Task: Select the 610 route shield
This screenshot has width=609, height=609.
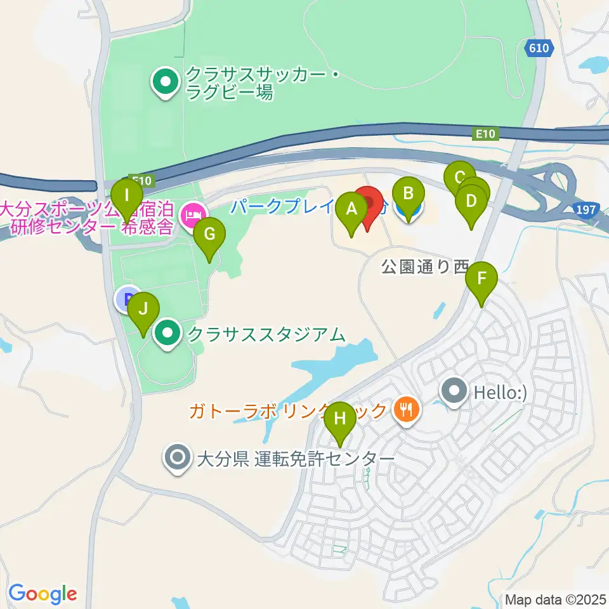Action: point(540,48)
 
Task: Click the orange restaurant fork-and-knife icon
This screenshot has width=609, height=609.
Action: point(404,410)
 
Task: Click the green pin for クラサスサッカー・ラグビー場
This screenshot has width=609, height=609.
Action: point(166,83)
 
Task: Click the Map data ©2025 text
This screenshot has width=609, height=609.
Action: point(556,599)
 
